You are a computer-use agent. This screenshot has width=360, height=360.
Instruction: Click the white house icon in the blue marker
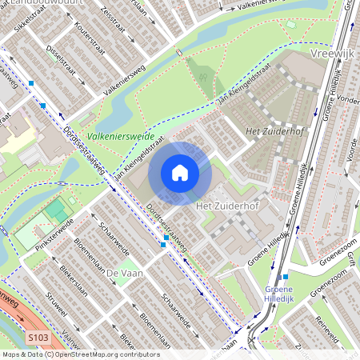180,173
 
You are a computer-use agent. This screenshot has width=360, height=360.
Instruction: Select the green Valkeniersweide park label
122,137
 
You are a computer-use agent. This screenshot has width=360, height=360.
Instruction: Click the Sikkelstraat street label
26,20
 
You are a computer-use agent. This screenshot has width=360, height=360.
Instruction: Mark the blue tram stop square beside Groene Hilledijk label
286,277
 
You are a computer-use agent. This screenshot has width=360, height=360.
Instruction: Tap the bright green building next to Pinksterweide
55,211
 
